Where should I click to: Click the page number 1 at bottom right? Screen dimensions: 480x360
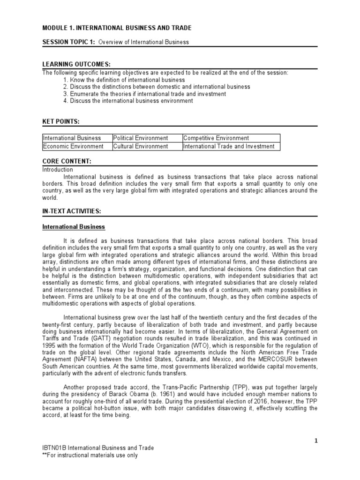[x=316, y=440]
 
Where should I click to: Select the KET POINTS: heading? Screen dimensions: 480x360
[x=61, y=121]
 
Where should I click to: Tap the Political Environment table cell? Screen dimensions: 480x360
[x=141, y=138]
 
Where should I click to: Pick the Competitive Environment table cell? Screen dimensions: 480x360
[x=216, y=138]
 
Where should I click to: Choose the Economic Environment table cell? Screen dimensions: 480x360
[x=73, y=146]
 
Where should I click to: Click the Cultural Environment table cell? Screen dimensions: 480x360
[x=141, y=146]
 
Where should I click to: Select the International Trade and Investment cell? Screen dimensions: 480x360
[x=229, y=146]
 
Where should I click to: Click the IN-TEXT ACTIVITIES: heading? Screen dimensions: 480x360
[x=72, y=211]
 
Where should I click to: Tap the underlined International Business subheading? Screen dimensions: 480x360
[x=74, y=227]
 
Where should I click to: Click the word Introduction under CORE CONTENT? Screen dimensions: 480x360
[x=58, y=169]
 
